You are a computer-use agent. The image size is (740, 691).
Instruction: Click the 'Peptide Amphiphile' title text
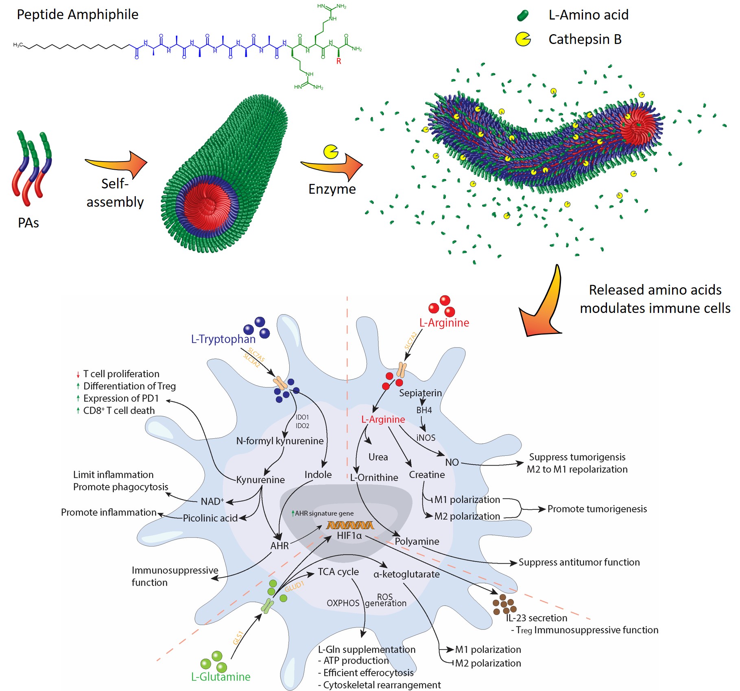tap(77, 15)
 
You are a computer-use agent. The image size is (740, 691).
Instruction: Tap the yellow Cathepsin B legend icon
tap(523, 39)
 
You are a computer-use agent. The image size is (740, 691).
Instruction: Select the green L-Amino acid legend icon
tap(522, 15)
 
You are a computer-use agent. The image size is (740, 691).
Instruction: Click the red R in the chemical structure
tap(338, 61)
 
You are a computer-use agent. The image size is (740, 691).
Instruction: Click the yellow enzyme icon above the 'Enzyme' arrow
tap(330, 151)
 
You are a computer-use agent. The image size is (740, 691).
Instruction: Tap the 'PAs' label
tap(28, 223)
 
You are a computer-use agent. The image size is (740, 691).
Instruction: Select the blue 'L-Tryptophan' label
tap(223, 339)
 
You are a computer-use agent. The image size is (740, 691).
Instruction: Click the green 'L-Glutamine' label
tap(220, 677)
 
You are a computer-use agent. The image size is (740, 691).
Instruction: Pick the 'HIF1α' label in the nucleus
tap(349, 536)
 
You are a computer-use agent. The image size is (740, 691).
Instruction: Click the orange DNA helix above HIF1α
tap(350, 525)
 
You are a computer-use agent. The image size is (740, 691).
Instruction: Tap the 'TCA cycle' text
tap(338, 572)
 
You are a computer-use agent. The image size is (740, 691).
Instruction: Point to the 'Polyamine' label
tap(417, 541)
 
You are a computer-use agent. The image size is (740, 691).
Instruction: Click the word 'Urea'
tap(378, 457)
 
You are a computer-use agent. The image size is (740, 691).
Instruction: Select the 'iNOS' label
tap(426, 437)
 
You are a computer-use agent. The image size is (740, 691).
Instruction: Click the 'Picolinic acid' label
tap(210, 518)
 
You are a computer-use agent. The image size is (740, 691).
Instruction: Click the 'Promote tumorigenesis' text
tap(597, 509)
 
